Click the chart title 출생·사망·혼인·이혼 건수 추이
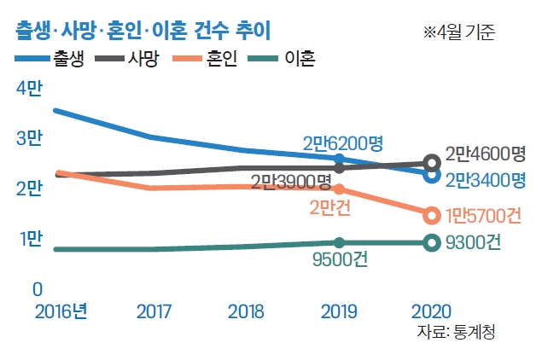click(143, 32)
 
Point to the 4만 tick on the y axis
click(28, 90)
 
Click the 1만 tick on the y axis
click(28, 241)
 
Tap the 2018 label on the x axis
click(247, 311)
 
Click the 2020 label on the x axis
click(432, 311)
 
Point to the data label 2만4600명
click(486, 154)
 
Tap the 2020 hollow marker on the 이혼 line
click(432, 243)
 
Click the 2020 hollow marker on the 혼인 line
click(432, 214)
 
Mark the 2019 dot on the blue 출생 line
click(340, 159)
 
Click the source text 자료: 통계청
click(456, 332)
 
